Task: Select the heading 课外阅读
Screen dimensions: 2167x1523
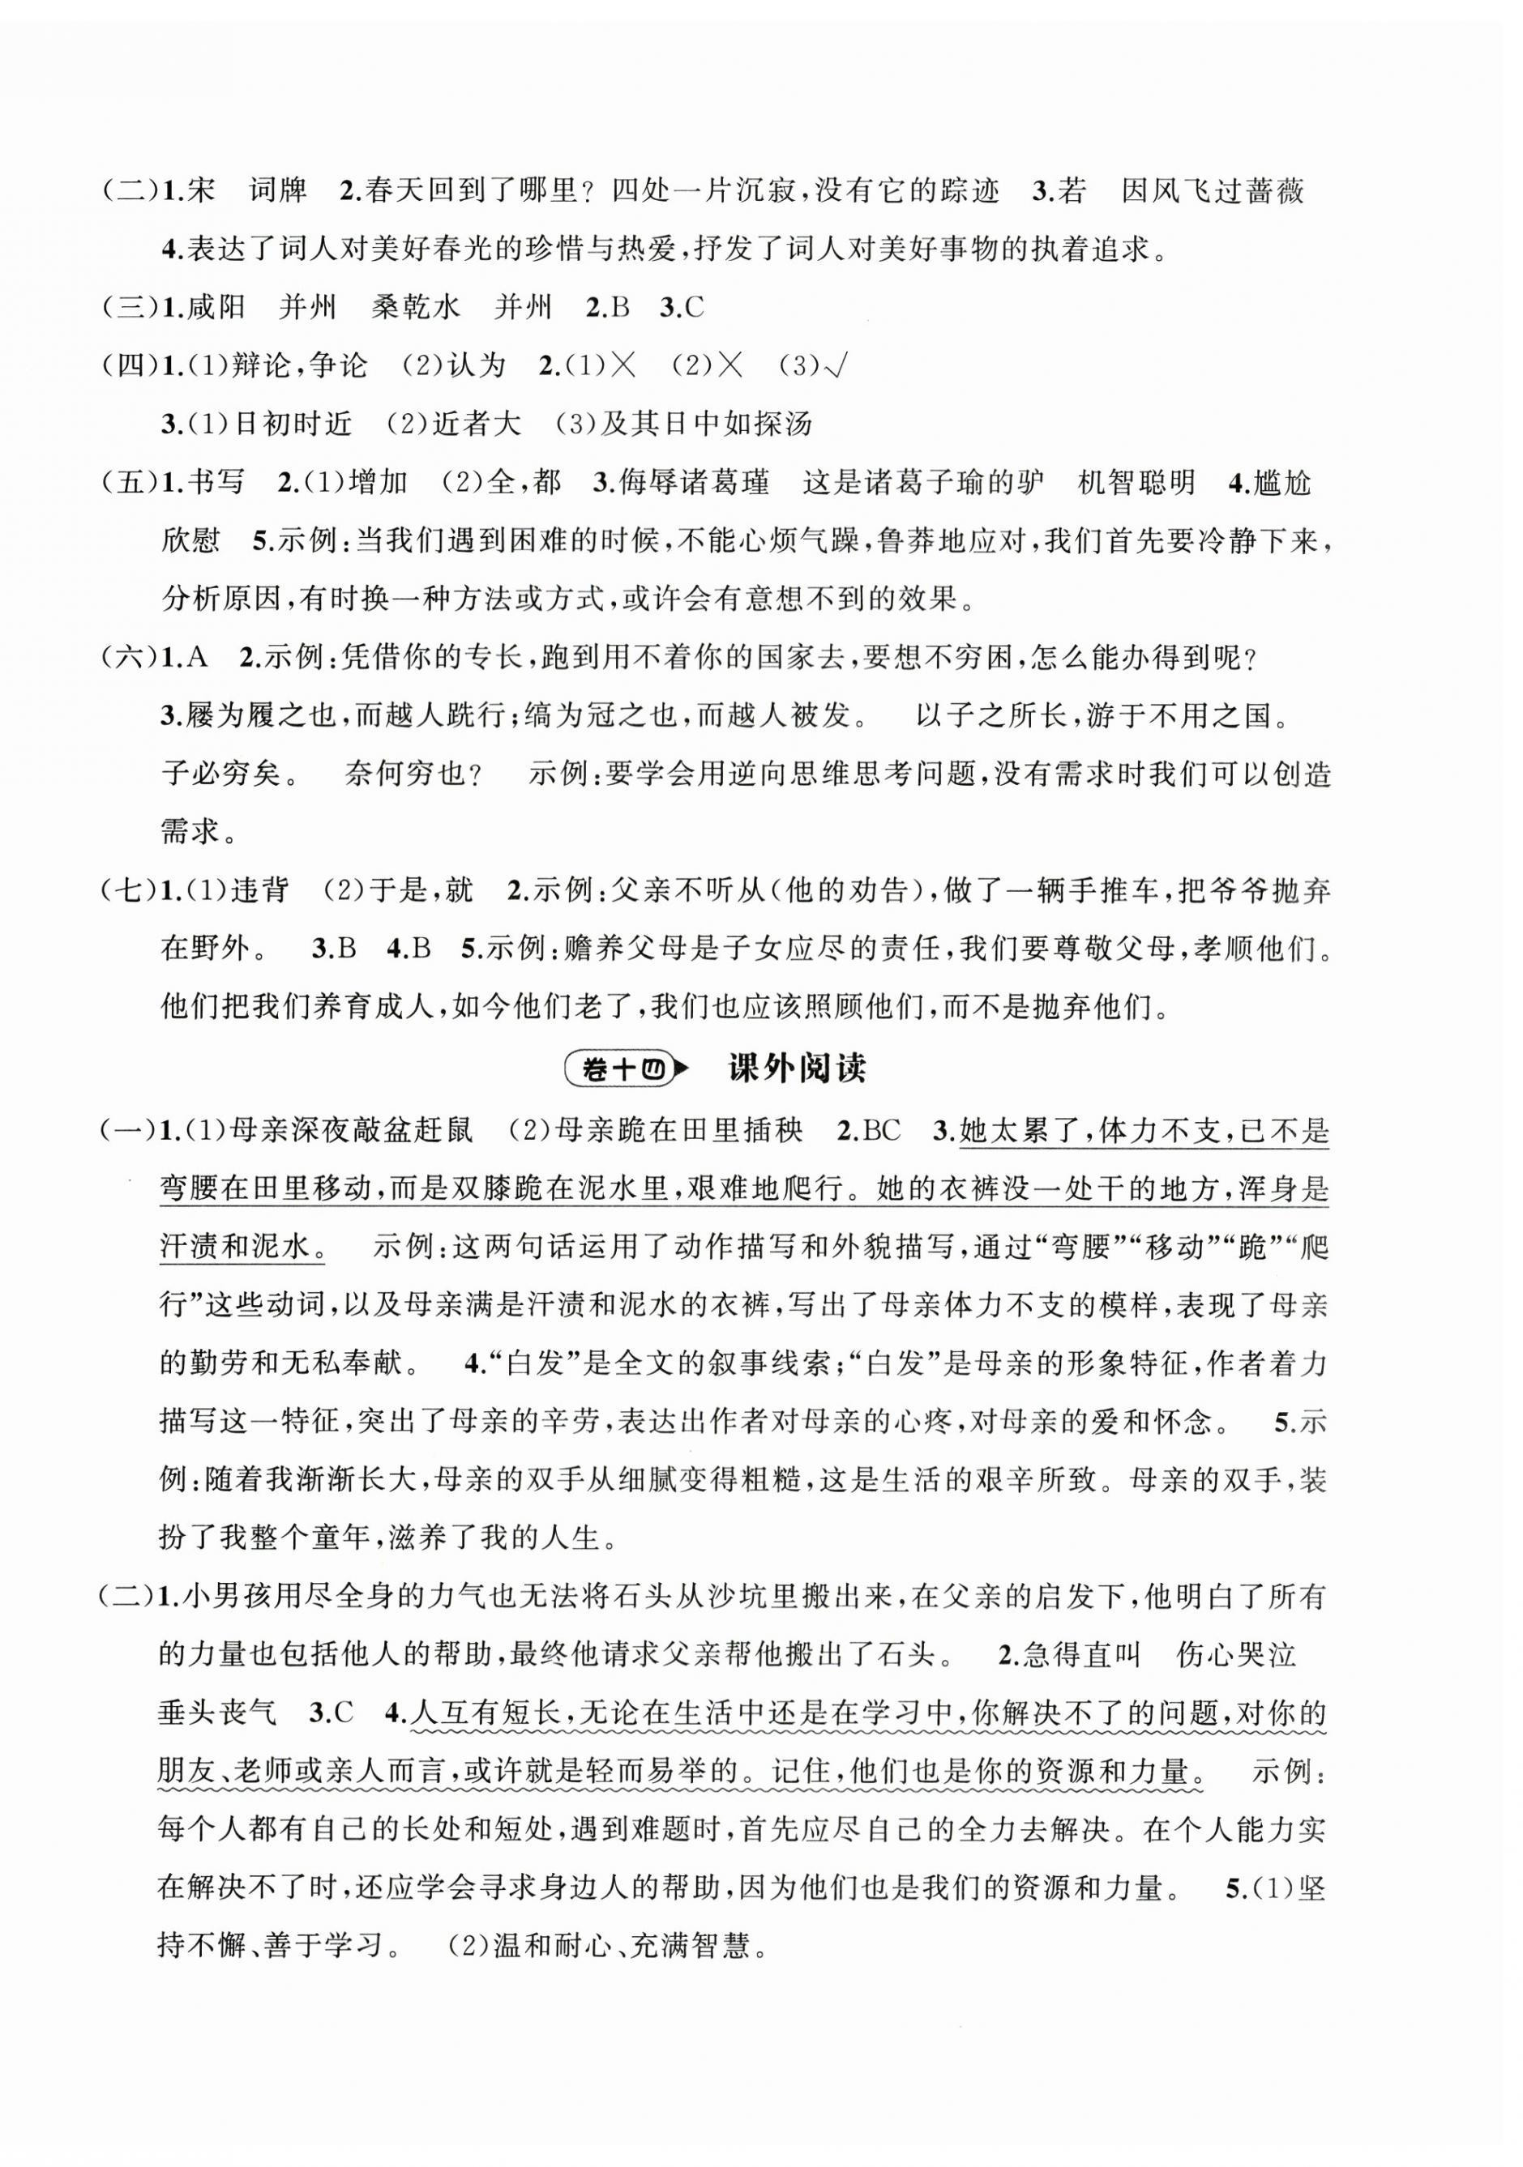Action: pyautogui.click(x=798, y=1069)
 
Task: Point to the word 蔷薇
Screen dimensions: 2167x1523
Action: pyautogui.click(x=1275, y=192)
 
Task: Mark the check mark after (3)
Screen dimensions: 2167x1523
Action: pyautogui.click(x=834, y=366)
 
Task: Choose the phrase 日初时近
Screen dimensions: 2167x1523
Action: pyautogui.click(x=292, y=424)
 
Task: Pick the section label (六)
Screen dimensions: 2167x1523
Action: pyautogui.click(x=128, y=658)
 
